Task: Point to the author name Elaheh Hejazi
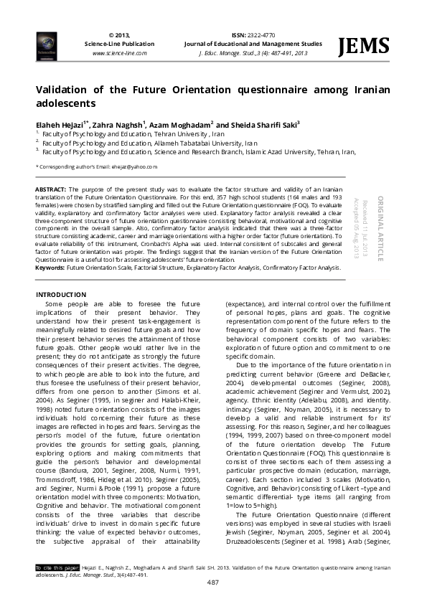60,123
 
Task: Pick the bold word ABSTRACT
51,189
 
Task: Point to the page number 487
213,581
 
